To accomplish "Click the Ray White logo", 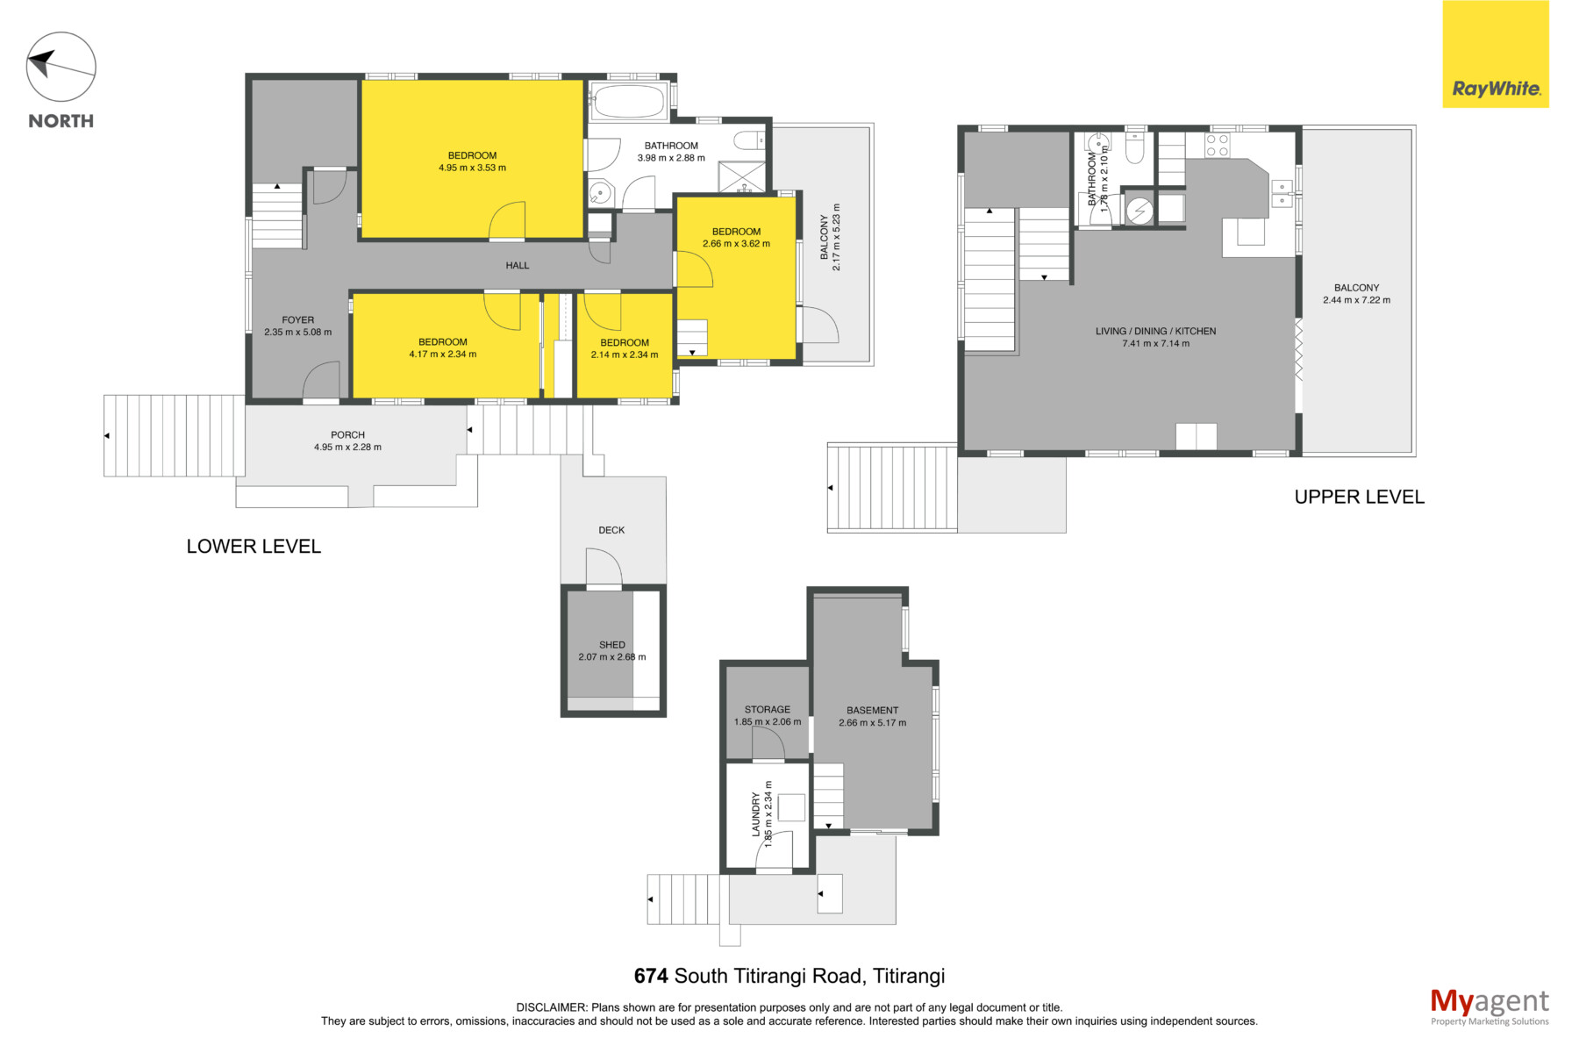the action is (1496, 54).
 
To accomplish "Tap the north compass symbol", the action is (61, 68).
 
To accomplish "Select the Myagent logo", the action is (1490, 1006).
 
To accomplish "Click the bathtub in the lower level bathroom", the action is (628, 102).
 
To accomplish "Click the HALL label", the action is (518, 265).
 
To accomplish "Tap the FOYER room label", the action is (298, 320).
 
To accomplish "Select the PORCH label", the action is (348, 434).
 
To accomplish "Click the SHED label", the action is (612, 645).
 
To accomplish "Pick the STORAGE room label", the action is (768, 709).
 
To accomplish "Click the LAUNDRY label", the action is (756, 814).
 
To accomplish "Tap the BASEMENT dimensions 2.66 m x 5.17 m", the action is (873, 723).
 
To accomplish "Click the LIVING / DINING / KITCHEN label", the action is (1156, 331).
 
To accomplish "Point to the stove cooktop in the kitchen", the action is (1218, 146).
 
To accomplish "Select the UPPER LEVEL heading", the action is (1360, 497).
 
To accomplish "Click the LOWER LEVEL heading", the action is (254, 546).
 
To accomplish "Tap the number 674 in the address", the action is (651, 976).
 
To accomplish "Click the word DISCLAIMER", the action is (552, 1007).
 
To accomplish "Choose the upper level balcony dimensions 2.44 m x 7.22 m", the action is (1357, 300).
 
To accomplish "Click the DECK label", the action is (611, 530).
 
